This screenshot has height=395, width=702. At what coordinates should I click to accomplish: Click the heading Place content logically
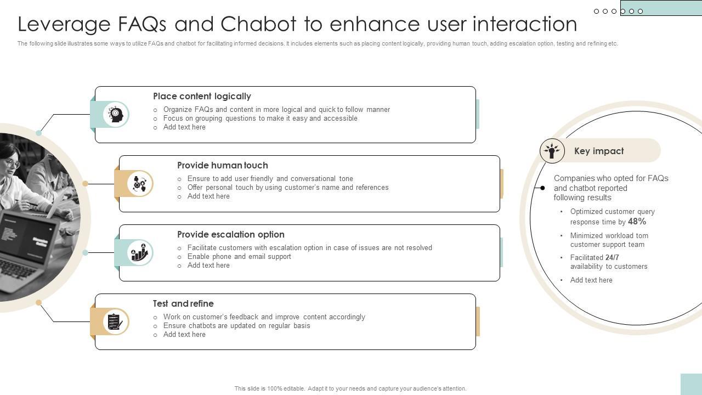(x=202, y=96)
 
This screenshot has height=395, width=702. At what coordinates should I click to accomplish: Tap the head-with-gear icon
(x=115, y=114)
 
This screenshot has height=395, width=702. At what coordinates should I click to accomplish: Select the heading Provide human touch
(x=223, y=165)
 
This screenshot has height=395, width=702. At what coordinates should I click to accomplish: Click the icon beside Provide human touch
(x=140, y=183)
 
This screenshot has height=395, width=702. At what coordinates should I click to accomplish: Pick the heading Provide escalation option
(x=230, y=234)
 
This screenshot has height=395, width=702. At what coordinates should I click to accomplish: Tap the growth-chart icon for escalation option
(x=139, y=252)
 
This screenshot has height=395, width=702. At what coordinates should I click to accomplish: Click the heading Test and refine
(x=183, y=303)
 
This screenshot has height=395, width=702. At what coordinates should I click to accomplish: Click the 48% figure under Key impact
(x=637, y=222)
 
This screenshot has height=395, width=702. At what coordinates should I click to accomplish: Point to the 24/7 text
(x=612, y=257)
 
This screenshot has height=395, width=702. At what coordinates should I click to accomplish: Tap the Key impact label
(x=598, y=151)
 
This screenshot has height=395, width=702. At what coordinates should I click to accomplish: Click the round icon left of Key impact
(x=552, y=150)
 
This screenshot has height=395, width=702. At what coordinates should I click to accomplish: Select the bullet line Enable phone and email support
(x=239, y=256)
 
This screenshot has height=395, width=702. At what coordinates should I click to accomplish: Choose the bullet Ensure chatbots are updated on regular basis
(x=236, y=325)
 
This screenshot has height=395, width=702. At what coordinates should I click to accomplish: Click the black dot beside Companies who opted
(x=542, y=188)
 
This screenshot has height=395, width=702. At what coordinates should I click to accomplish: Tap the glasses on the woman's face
(x=12, y=163)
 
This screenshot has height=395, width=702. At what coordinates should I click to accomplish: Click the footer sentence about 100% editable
(x=350, y=388)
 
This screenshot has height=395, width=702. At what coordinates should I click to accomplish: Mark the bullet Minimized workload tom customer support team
(x=609, y=240)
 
